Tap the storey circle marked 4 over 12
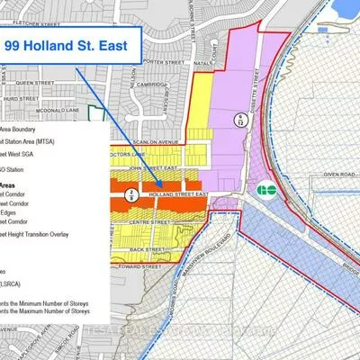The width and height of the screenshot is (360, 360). point(240,119)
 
